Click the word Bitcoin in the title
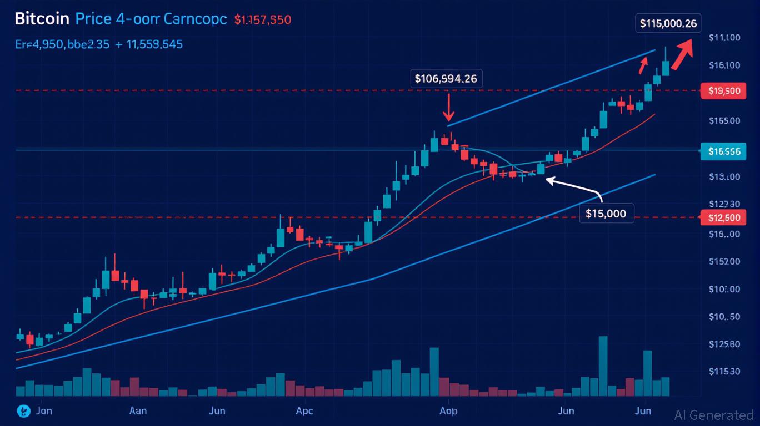click(x=42, y=19)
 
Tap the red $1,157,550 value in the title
click(x=262, y=19)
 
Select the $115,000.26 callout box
click(x=668, y=23)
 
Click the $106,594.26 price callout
click(x=446, y=79)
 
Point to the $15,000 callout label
click(x=606, y=214)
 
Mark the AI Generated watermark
click(x=713, y=415)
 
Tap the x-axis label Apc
click(x=304, y=411)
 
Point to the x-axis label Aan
click(x=138, y=411)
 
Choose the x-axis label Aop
click(x=448, y=411)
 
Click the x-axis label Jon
click(x=44, y=411)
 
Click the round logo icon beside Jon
click(x=23, y=411)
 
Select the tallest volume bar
click(x=603, y=366)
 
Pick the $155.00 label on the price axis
click(x=724, y=120)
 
